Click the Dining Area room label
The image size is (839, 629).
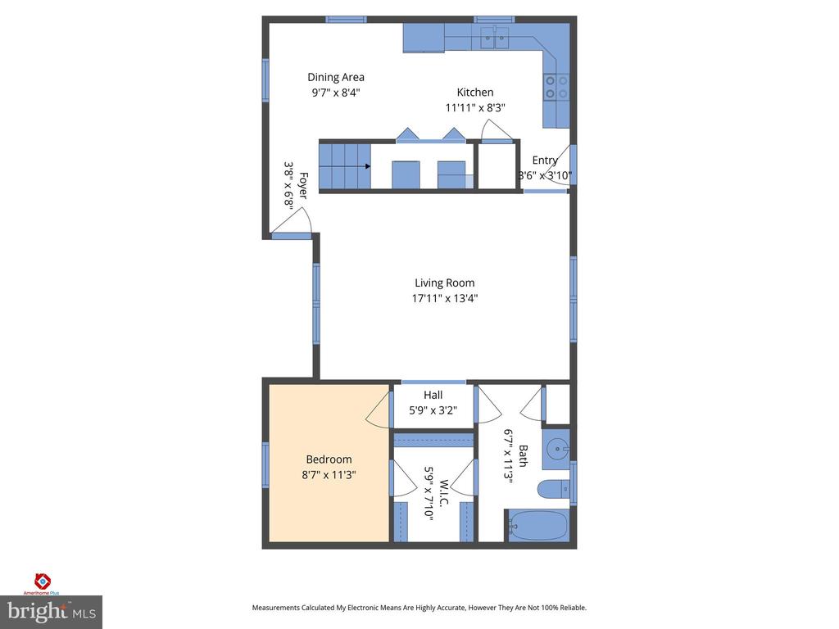(336, 78)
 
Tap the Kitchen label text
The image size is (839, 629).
(475, 93)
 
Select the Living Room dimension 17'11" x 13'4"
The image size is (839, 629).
(444, 299)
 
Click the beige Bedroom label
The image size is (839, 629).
(329, 459)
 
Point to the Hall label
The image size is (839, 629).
(433, 395)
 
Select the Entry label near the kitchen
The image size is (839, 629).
(545, 161)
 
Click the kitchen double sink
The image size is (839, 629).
(495, 36)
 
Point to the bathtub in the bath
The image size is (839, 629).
(538, 525)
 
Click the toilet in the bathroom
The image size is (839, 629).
(555, 489)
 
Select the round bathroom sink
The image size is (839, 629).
(557, 448)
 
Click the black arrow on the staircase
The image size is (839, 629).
(367, 165)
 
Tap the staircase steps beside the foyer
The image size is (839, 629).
(343, 165)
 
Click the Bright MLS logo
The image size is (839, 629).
(51, 611)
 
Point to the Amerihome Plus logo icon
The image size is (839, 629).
(42, 581)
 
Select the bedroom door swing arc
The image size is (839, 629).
(376, 410)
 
